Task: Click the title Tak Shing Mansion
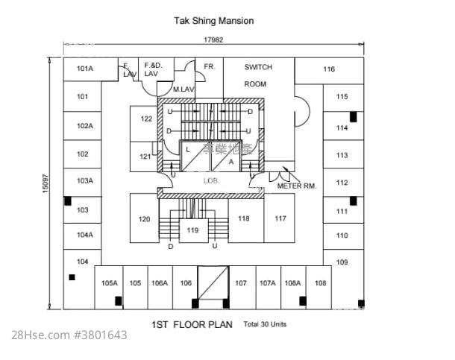click(x=214, y=21)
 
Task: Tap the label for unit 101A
click(x=84, y=69)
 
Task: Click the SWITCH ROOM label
click(x=258, y=75)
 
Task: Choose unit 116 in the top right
click(x=329, y=70)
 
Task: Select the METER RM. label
click(x=297, y=186)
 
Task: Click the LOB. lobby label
click(x=210, y=181)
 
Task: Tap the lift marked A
click(x=231, y=161)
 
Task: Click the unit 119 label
click(x=192, y=230)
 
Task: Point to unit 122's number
click(x=146, y=119)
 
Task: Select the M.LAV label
click(x=183, y=89)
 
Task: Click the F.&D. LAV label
click(x=152, y=69)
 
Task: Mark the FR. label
click(x=210, y=66)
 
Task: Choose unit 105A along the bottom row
click(x=110, y=283)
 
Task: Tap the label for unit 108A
click(x=292, y=283)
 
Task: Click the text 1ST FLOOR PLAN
click(x=192, y=325)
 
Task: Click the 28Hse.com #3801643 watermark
click(x=69, y=336)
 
